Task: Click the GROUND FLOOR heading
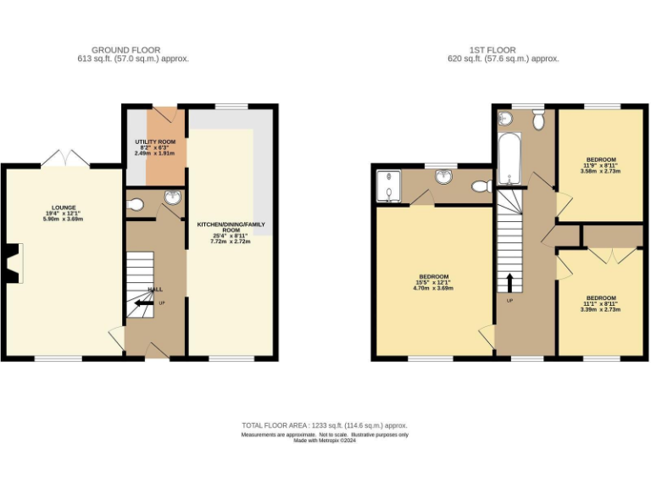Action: click(x=125, y=50)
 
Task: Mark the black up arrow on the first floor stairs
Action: click(x=509, y=282)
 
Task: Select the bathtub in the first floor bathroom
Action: click(x=509, y=159)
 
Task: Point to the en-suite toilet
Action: click(x=481, y=186)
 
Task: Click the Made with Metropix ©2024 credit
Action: click(x=325, y=441)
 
